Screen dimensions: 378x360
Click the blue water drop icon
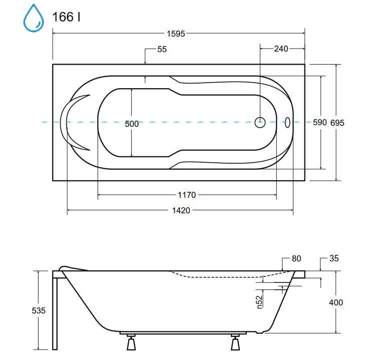tap(34, 18)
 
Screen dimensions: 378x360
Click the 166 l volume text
tap(66, 17)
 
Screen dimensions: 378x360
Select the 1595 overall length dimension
tap(176, 34)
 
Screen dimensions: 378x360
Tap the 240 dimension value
tap(281, 49)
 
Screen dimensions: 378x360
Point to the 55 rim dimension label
tap(162, 49)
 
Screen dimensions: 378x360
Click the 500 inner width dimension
tap(132, 124)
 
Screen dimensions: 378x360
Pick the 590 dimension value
tap(319, 123)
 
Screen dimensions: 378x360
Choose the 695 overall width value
tap(337, 123)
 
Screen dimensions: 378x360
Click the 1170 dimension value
tap(187, 195)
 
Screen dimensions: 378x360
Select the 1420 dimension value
tap(181, 210)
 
